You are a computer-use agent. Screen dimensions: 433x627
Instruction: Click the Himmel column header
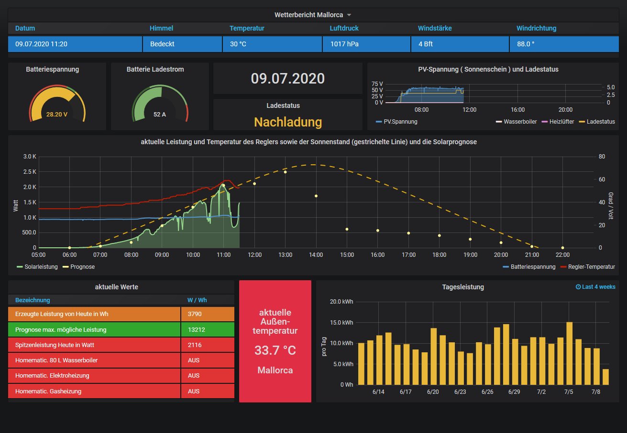pyautogui.click(x=161, y=28)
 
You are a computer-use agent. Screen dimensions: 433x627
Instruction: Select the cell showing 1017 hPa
pyautogui.click(x=344, y=44)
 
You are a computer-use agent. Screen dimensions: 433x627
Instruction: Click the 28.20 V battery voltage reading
pyautogui.click(x=57, y=115)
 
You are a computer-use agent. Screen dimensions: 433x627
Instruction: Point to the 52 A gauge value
pyautogui.click(x=160, y=115)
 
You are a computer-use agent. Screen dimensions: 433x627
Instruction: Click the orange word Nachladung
pyautogui.click(x=287, y=122)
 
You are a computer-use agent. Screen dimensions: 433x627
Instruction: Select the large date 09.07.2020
pyautogui.click(x=287, y=78)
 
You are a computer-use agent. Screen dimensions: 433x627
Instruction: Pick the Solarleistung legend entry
pyautogui.click(x=40, y=267)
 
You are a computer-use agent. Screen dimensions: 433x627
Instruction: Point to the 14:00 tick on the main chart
pyautogui.click(x=316, y=255)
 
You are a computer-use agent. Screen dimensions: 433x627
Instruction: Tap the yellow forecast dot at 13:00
pyautogui.click(x=285, y=172)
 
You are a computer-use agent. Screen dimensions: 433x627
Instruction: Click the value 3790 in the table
pyautogui.click(x=194, y=314)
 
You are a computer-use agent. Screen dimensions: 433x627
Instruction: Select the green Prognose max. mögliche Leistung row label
pyautogui.click(x=61, y=329)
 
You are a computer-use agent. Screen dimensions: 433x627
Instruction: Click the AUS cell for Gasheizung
pyautogui.click(x=194, y=391)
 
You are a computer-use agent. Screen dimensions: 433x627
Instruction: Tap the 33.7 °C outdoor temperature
pyautogui.click(x=275, y=350)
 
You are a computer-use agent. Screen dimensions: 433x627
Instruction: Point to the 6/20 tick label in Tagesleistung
pyautogui.click(x=433, y=391)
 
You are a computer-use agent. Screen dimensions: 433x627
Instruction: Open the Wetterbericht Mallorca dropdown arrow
pyautogui.click(x=349, y=15)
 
